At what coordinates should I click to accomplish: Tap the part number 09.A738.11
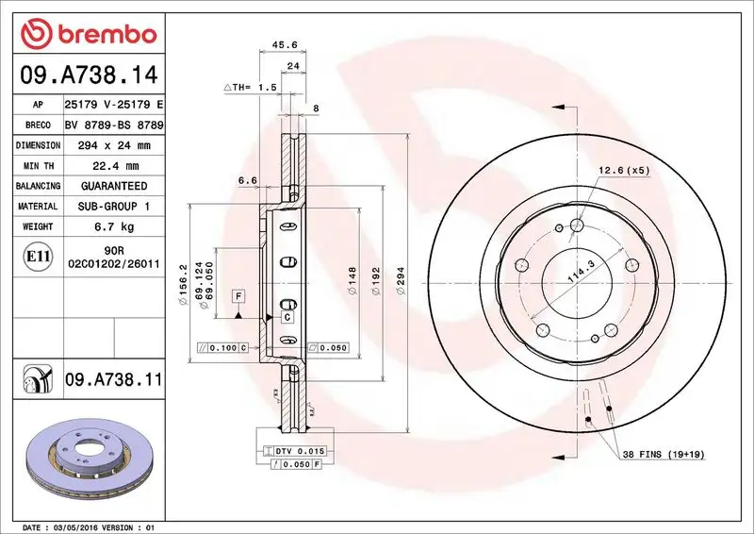[113, 380]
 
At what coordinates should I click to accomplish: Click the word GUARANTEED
[114, 186]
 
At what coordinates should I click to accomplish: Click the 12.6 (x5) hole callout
[623, 170]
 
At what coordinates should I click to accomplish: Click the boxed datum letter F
[239, 296]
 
